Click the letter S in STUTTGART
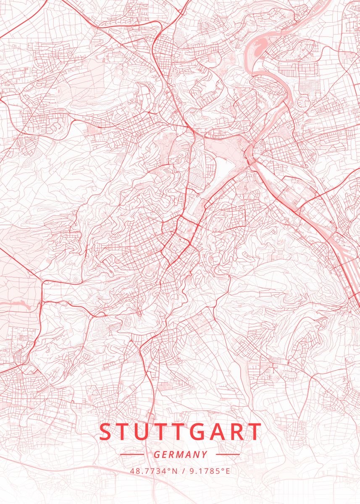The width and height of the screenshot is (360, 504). point(105,432)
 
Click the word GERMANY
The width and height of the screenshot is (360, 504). point(180,454)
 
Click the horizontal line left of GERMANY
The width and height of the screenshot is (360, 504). point(132,454)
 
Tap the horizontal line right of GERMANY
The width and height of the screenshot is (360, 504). point(228,454)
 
